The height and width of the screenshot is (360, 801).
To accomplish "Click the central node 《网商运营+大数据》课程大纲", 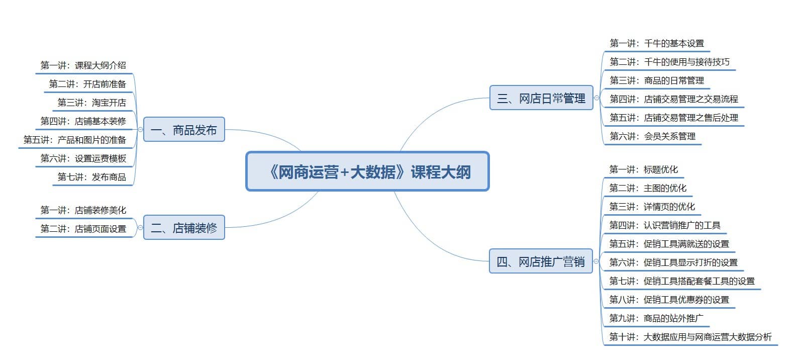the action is (367, 171).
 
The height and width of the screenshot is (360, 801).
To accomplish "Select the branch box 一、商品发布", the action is (184, 129).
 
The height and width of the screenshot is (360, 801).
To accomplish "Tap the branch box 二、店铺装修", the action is (184, 227).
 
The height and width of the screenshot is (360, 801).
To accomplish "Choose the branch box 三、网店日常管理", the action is (541, 98).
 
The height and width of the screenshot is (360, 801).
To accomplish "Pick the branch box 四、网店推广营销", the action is (541, 261).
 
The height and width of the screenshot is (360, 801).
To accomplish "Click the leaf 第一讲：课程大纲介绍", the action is (83, 65).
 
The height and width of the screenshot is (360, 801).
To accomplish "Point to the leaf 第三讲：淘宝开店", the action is (92, 103).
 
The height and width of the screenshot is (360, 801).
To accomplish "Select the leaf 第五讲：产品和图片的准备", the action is (75, 140).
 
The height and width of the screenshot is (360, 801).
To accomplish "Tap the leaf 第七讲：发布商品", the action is (92, 177).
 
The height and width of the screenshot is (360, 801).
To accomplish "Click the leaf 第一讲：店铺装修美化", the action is (83, 210).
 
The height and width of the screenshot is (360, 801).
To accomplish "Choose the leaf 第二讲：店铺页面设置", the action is (83, 229).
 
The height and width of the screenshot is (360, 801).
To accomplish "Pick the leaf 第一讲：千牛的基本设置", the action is (657, 43).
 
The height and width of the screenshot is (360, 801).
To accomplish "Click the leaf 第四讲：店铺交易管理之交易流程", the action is (674, 99).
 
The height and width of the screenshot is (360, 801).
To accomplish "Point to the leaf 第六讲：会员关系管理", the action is (653, 136).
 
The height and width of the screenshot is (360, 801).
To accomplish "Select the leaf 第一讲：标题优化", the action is (644, 169).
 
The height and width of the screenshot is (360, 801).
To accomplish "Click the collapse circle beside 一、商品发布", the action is (140, 129).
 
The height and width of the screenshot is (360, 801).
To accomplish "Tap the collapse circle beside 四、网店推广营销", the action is (596, 261).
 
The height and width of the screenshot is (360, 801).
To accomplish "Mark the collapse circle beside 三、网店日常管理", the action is (596, 98).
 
